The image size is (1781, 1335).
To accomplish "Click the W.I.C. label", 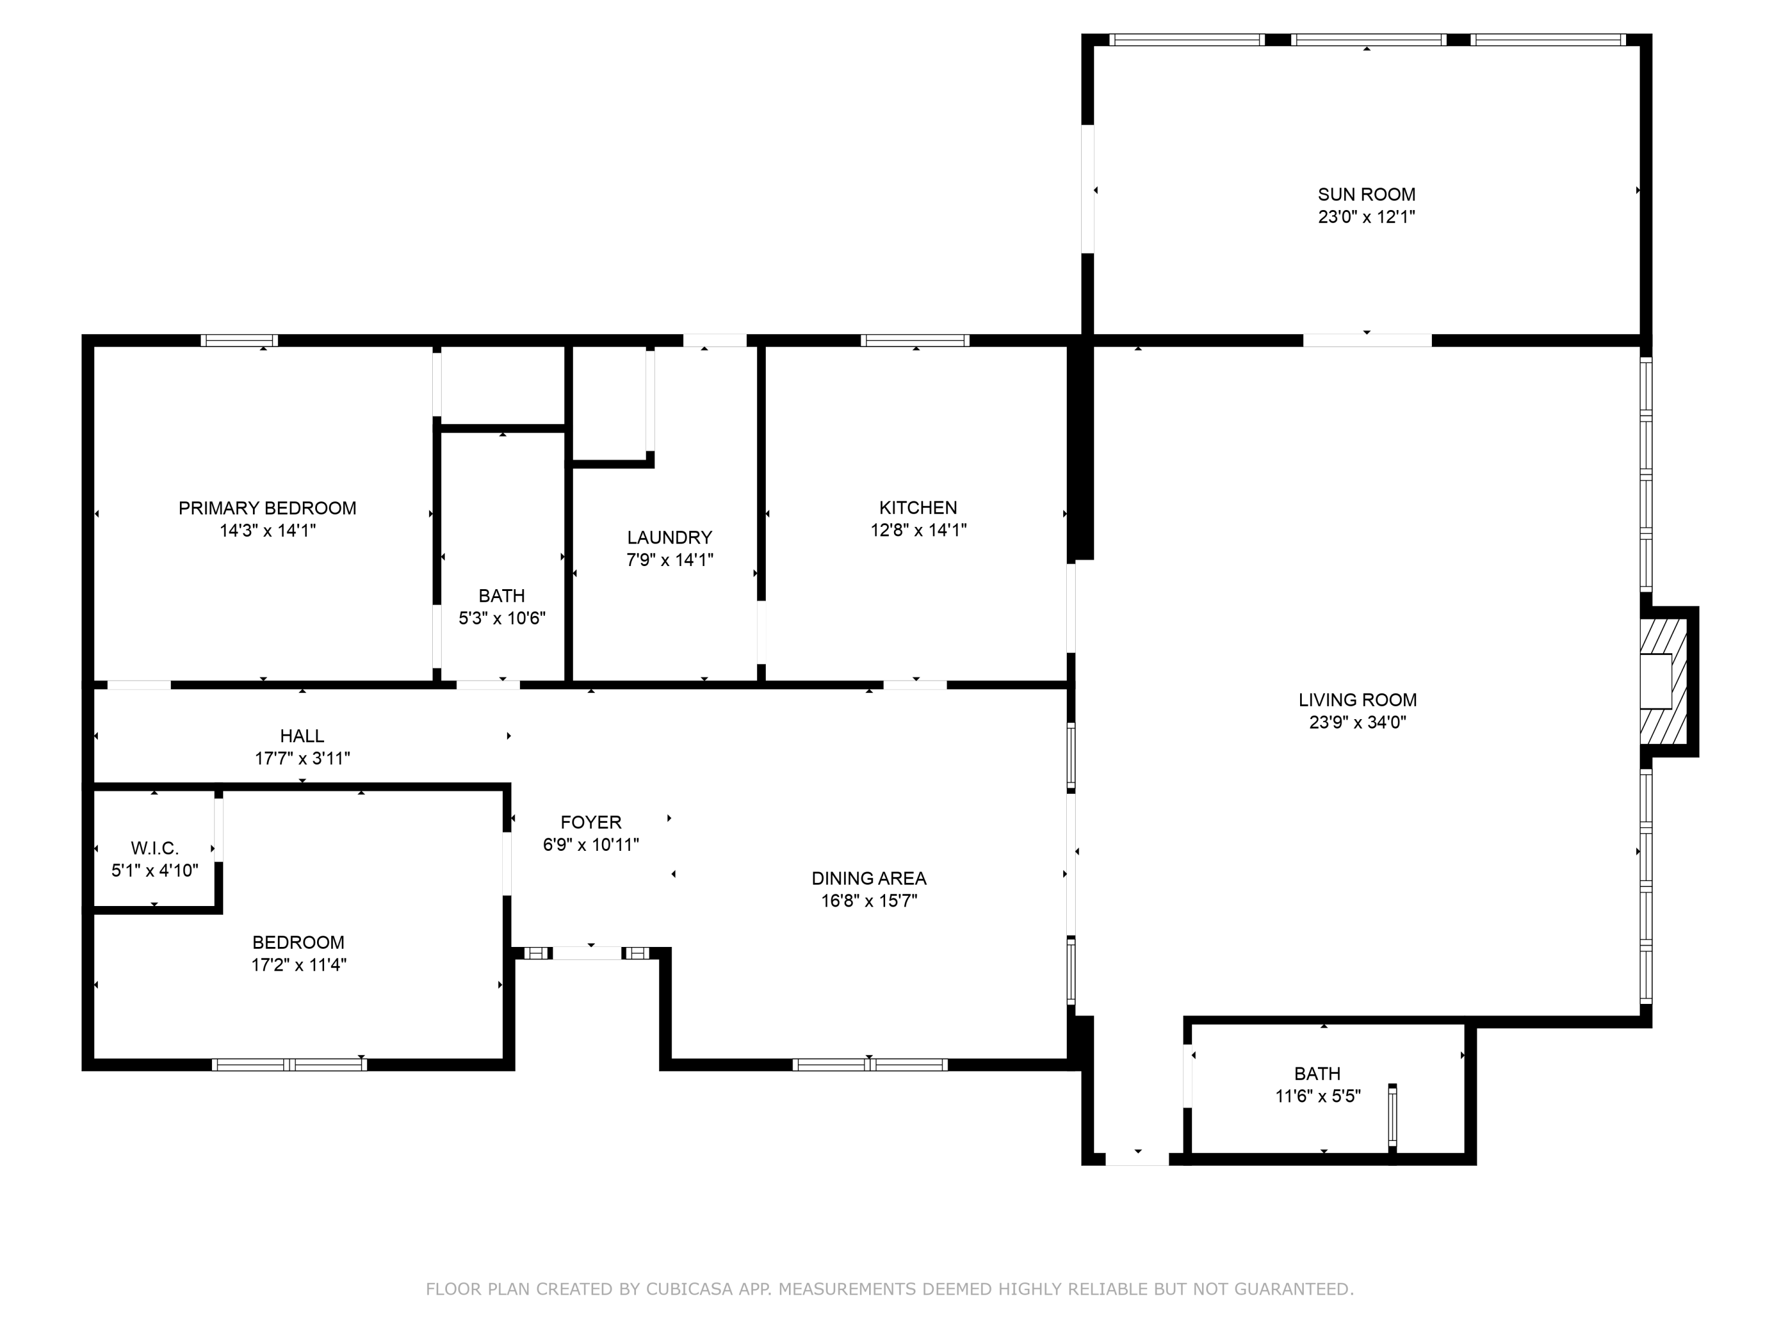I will (x=154, y=847).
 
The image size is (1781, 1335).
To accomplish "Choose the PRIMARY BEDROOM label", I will (x=267, y=508).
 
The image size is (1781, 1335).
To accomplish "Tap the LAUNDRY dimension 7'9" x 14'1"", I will (x=669, y=560).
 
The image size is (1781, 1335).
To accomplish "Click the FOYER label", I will (x=590, y=822).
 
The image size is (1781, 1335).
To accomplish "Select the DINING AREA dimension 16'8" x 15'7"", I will (x=868, y=901).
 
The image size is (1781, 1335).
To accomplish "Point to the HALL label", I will (x=302, y=736).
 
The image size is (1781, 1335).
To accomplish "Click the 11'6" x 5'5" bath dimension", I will (x=1317, y=1095).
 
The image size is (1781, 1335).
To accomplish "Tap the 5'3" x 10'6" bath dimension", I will (x=502, y=618).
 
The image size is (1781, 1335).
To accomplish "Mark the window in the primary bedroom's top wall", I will (x=239, y=341).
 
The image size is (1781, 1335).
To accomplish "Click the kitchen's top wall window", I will (x=915, y=341).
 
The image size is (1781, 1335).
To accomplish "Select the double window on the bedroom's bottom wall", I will (x=289, y=1064).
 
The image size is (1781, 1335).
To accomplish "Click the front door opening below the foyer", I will (x=587, y=953).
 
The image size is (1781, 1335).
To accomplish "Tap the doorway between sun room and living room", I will (x=1367, y=341).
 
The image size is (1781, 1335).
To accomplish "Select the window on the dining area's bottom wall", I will (x=870, y=1064).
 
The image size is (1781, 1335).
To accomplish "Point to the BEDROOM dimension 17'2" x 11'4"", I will (x=298, y=964).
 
